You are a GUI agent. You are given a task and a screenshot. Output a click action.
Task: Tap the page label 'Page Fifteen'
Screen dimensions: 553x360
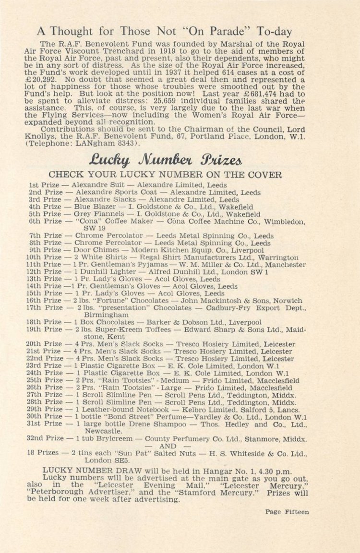point(287,512)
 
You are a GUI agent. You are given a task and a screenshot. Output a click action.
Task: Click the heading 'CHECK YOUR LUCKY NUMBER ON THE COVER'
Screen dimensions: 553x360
point(165,175)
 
